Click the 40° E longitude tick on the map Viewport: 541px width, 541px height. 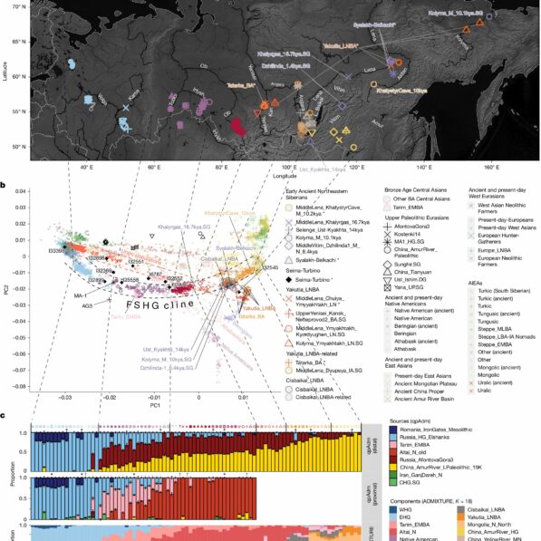click(x=39, y=168)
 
